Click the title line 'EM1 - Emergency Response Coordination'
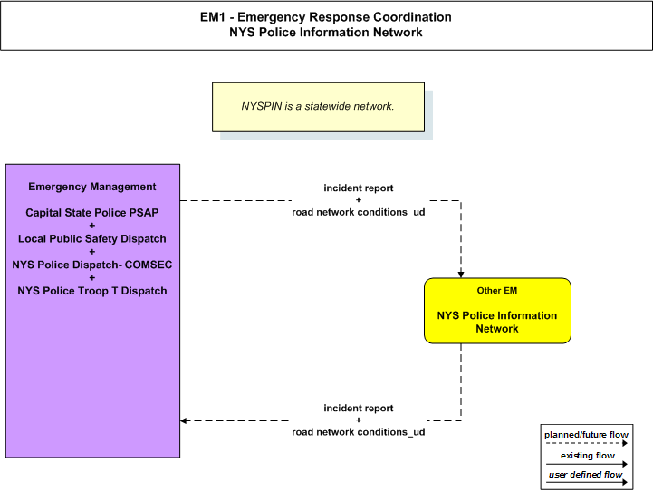click(x=326, y=17)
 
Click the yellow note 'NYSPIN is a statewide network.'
click(x=318, y=107)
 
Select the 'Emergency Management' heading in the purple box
click(x=92, y=187)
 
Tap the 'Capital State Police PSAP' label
click(x=92, y=212)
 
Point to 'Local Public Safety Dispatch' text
click(x=92, y=238)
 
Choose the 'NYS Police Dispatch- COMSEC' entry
click(x=92, y=265)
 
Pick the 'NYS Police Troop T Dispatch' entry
click(x=92, y=291)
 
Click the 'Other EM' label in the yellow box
click(x=497, y=290)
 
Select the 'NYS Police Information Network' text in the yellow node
click(x=497, y=322)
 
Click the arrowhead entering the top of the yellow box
click(x=461, y=275)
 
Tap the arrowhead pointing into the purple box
click(x=183, y=420)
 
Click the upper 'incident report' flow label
click(x=359, y=188)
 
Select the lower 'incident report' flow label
click(x=359, y=409)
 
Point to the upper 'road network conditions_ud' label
click(x=359, y=212)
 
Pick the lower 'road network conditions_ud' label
click(x=359, y=432)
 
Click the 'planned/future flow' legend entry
click(x=586, y=435)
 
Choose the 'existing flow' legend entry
click(x=588, y=456)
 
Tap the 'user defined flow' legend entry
click(x=586, y=474)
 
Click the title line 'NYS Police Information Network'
click(x=326, y=32)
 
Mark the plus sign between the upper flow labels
click(x=359, y=200)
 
